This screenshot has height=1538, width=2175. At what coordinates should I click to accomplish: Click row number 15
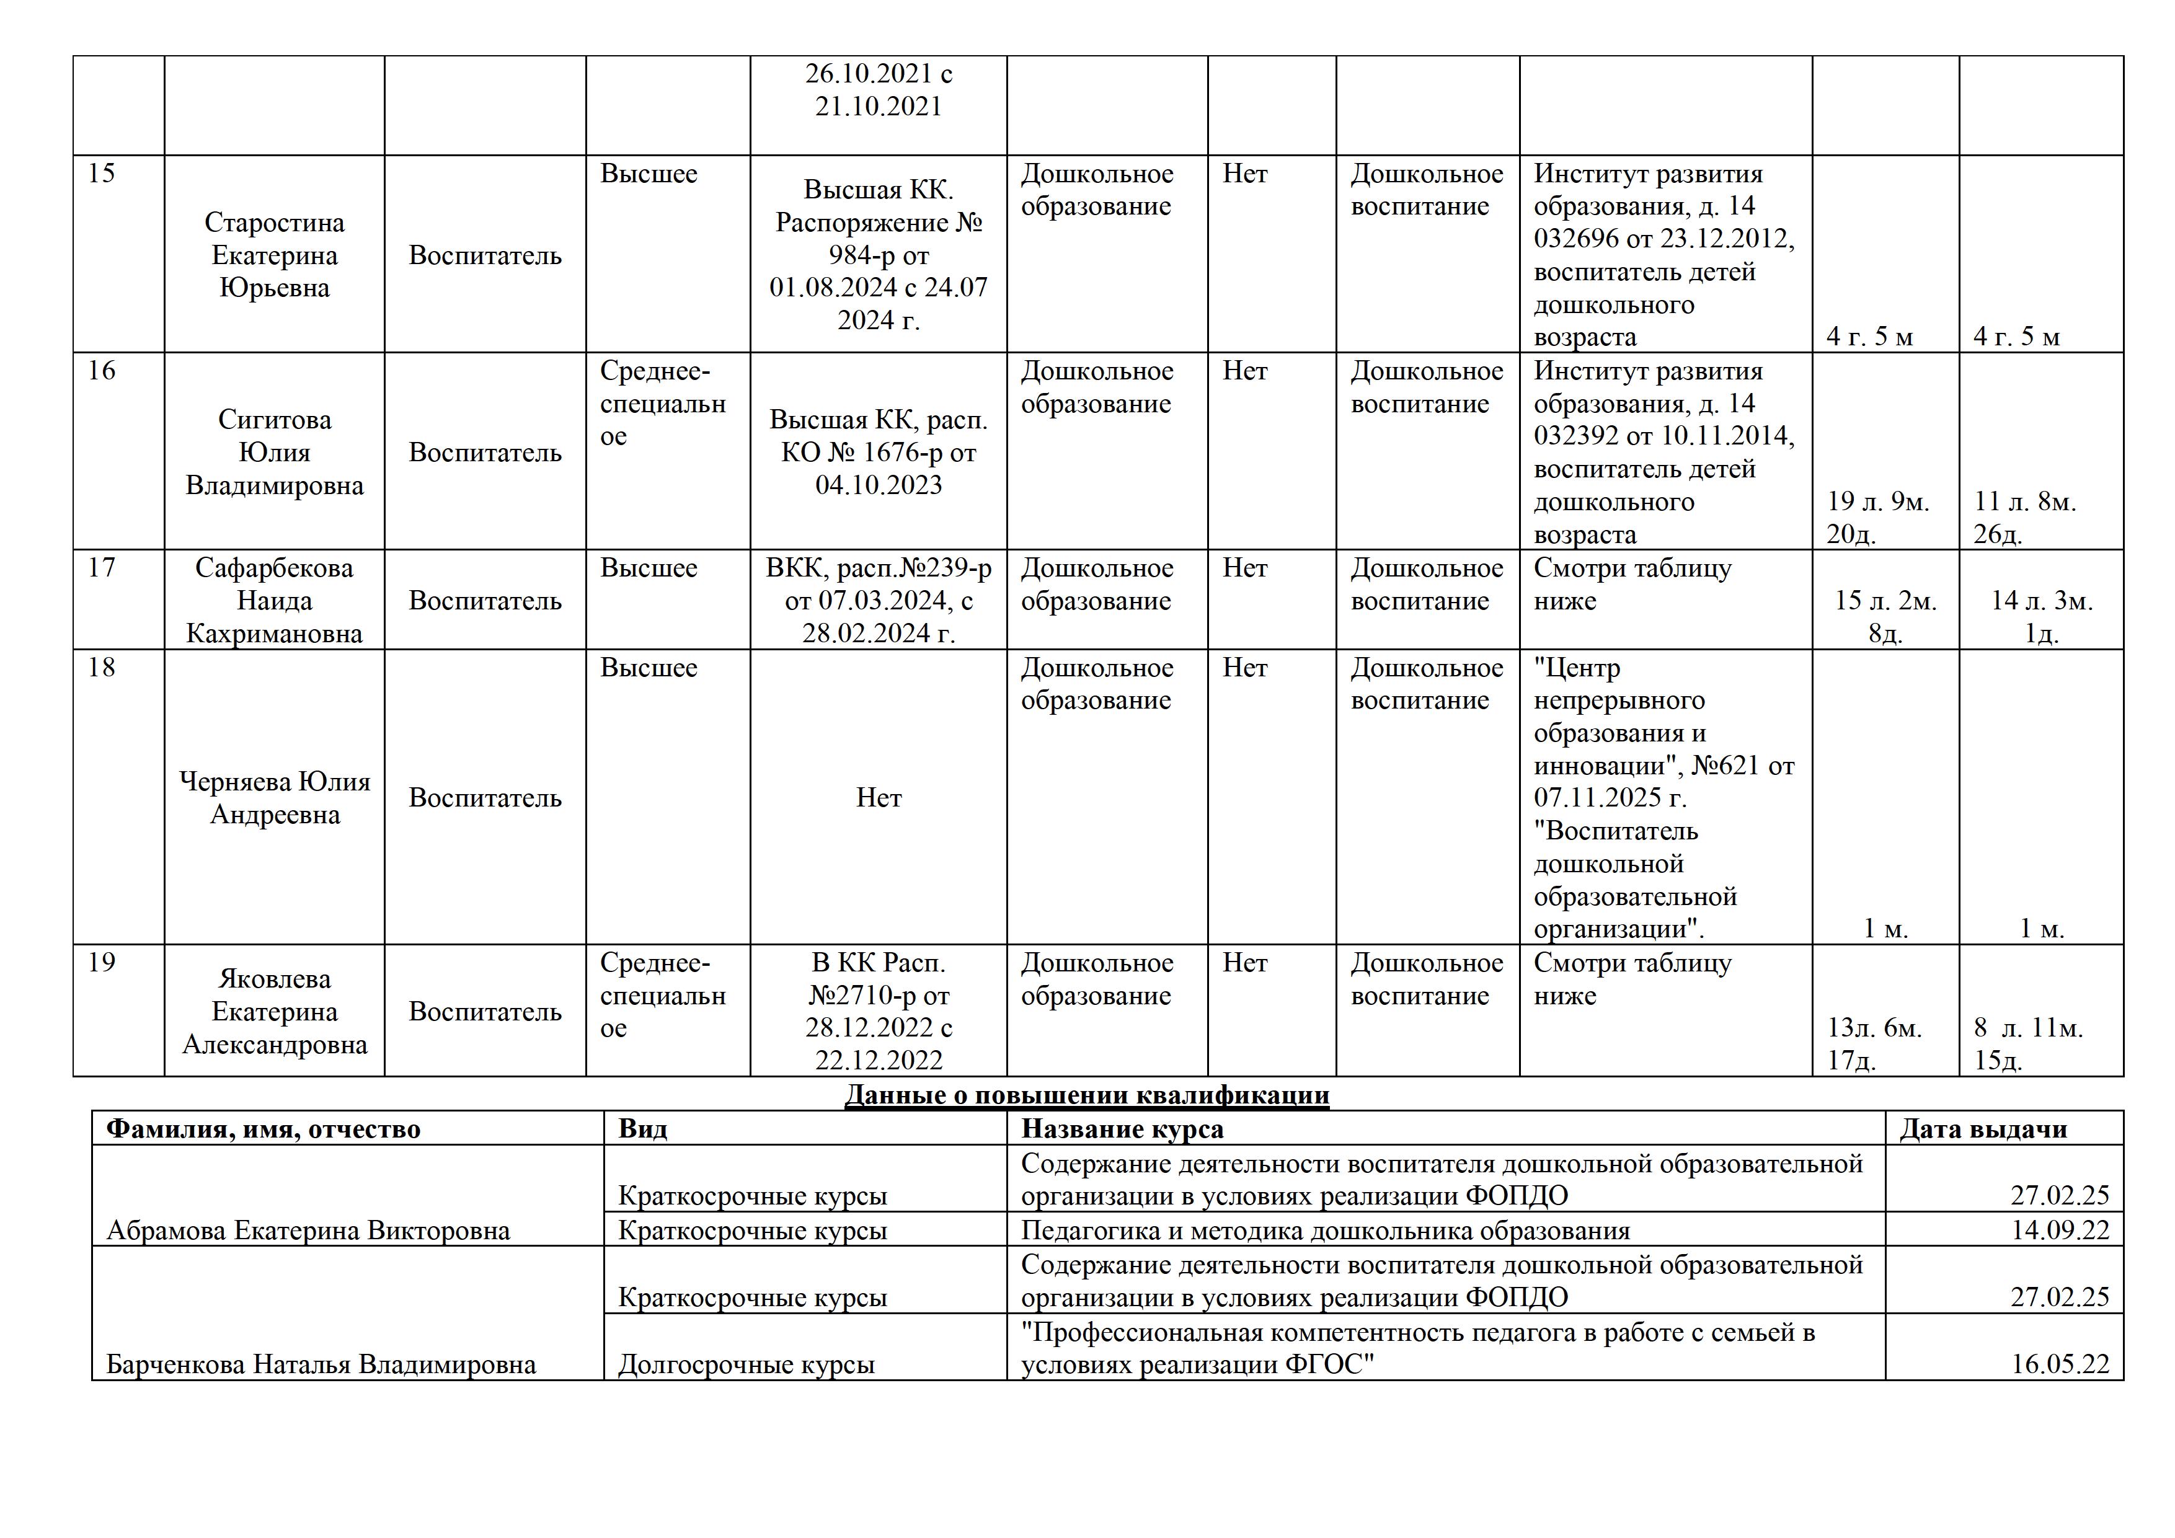101,174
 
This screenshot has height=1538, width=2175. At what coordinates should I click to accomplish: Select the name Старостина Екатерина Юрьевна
275,255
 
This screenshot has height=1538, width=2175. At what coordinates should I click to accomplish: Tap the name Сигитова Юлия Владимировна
275,453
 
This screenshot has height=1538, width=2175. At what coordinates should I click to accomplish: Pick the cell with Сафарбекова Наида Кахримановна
275,601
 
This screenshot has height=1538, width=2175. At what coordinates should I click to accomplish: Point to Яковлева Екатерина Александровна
275,1012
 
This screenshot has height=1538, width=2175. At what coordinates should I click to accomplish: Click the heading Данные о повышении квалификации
1086,1096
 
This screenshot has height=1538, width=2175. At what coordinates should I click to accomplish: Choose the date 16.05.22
2060,1364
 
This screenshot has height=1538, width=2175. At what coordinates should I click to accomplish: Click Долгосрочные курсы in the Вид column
746,1364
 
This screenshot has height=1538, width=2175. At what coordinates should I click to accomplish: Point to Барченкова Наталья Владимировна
321,1364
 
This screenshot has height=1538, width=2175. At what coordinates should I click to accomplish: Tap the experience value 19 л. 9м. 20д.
1877,517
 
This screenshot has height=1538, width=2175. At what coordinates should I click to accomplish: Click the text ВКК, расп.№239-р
878,568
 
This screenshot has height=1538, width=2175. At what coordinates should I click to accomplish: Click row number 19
101,963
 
